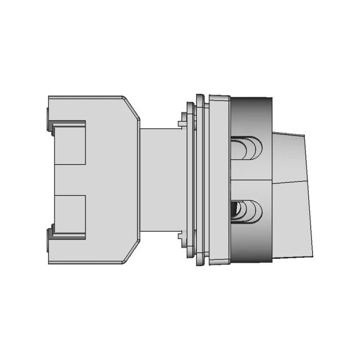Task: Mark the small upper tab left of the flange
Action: click(x=182, y=120)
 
